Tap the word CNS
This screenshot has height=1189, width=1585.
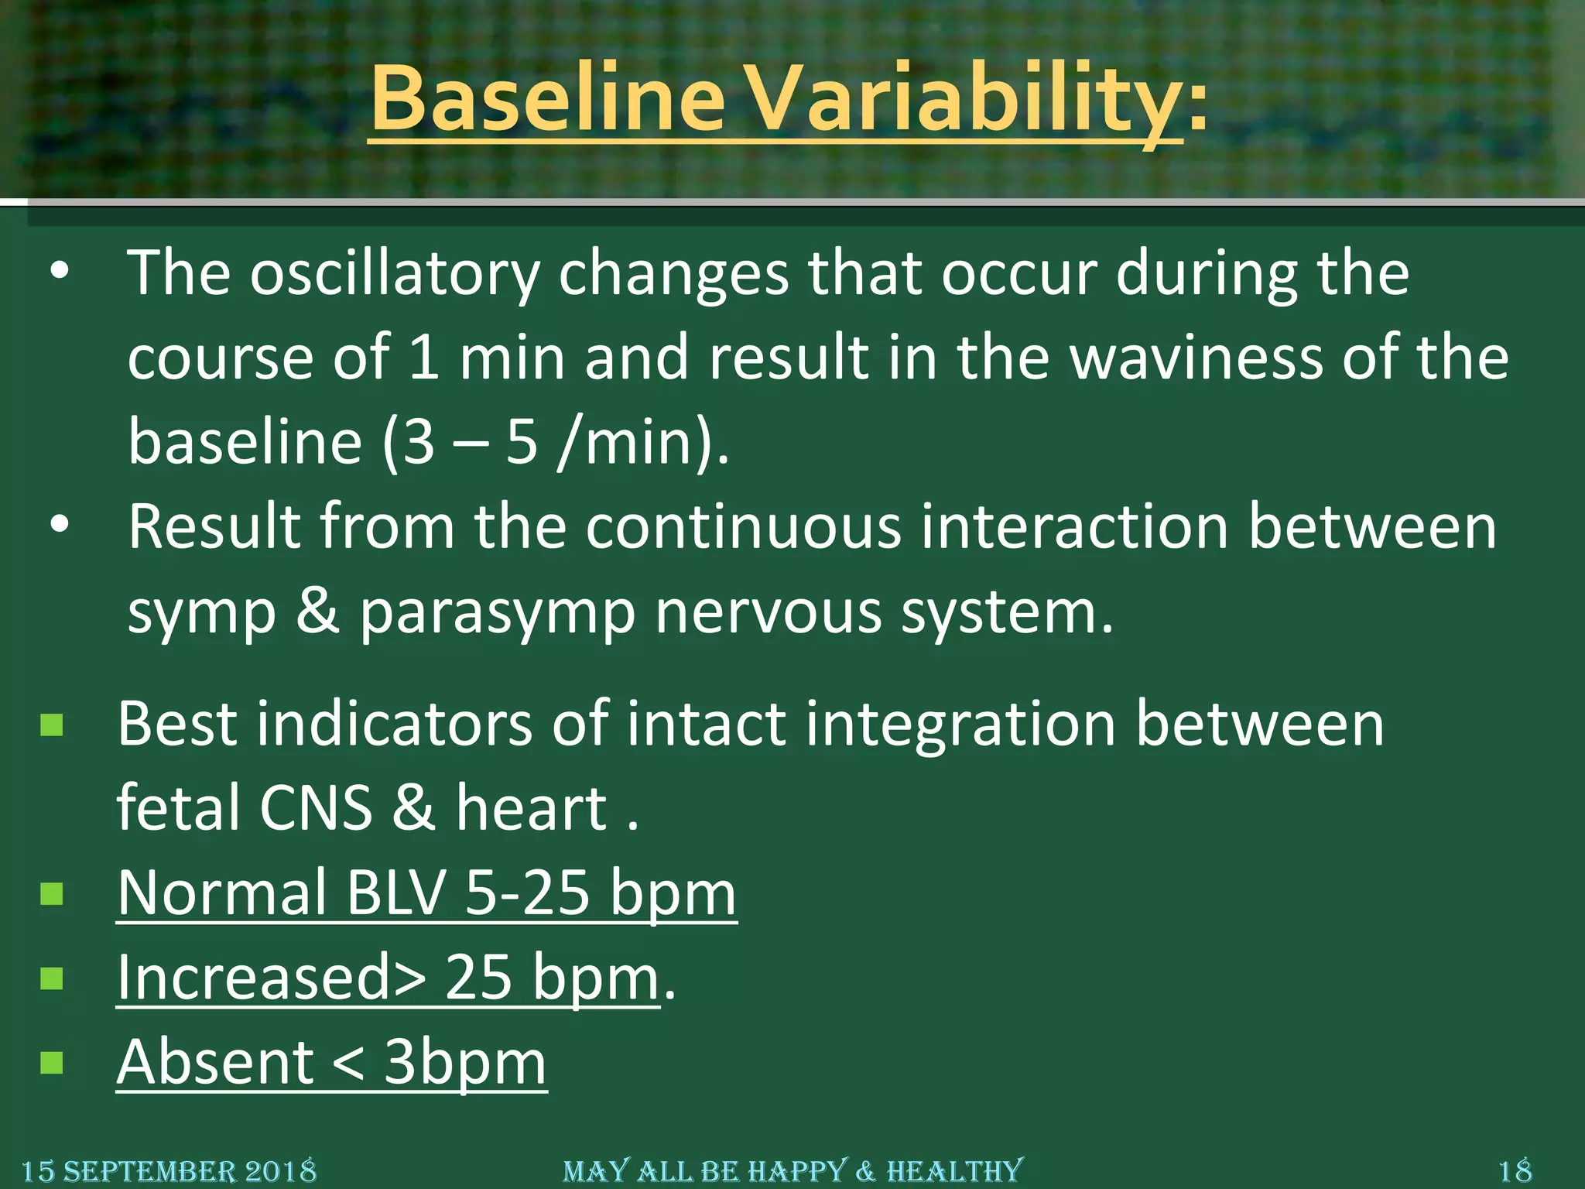316,808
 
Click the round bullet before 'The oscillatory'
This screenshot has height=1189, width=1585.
59,272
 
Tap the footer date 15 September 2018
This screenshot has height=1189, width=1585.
169,1170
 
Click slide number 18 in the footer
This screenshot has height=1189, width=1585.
1515,1170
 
